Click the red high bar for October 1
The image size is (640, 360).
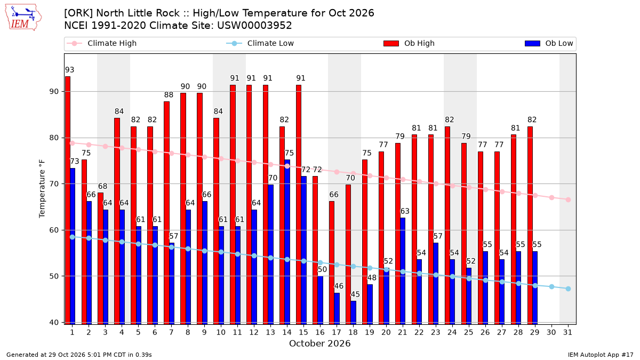68,201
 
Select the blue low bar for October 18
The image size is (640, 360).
354,313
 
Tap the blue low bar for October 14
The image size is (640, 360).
287,242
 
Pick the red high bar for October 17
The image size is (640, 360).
332,263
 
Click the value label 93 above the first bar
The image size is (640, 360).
69,70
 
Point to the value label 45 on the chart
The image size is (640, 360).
355,294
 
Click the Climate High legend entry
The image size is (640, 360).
101,43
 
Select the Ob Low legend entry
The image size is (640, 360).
549,43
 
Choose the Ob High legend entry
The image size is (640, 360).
409,43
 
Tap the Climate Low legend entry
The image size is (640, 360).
260,43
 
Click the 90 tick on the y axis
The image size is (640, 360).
54,92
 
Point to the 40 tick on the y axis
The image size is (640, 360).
54,322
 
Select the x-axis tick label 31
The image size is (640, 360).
567,332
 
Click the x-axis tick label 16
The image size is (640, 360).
320,332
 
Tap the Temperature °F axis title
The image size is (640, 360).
42,189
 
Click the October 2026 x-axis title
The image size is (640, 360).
319,343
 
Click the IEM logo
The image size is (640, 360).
23,18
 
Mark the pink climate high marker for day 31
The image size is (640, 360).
569,199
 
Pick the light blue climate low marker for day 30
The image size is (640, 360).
551,286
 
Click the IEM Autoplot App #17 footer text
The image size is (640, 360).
601,355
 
